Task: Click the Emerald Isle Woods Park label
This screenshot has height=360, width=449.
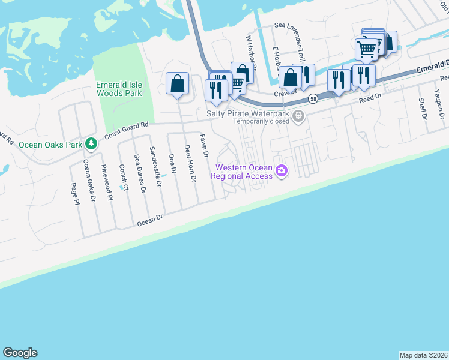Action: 119,89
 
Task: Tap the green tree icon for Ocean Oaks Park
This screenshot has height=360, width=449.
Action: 91,143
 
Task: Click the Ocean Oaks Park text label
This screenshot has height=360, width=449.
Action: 50,145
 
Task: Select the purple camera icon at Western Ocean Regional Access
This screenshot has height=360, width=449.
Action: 281,172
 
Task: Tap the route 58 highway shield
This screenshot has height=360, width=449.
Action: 313,98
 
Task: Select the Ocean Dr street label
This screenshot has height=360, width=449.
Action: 151,221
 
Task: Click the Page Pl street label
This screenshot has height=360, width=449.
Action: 76,194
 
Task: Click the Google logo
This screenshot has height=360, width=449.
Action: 20,353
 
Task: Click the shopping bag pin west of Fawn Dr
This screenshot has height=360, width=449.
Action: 178,84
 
